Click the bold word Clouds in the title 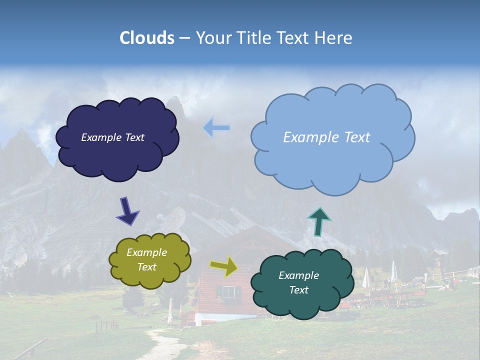pyautogui.click(x=147, y=38)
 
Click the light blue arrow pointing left pyautogui.click(x=216, y=128)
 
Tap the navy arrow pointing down pyautogui.click(x=127, y=210)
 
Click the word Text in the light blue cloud pyautogui.click(x=355, y=137)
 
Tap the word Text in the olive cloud pyautogui.click(x=147, y=267)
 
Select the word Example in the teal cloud pyautogui.click(x=298, y=275)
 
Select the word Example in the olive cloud pyautogui.click(x=147, y=252)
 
